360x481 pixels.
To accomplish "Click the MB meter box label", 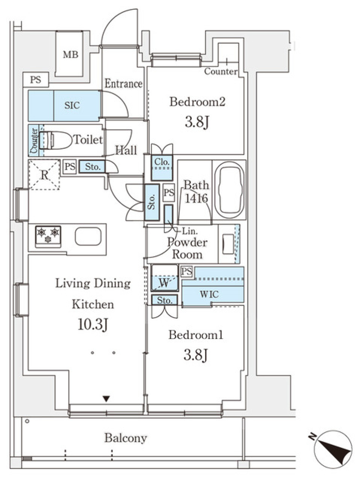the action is click(70, 55).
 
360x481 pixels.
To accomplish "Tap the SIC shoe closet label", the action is click(72, 105).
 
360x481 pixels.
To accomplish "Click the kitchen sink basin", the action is click(88, 236).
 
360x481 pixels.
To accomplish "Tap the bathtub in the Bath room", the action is click(229, 190).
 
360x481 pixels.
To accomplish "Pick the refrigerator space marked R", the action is click(44, 175).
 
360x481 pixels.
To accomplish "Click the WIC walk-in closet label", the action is click(209, 294).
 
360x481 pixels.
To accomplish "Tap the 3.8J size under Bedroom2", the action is click(197, 122).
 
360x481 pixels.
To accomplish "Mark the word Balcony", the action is click(126, 438).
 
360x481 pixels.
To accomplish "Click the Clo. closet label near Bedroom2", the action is click(162, 162).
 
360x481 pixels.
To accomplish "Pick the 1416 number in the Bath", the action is click(196, 199).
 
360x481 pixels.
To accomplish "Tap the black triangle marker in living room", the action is click(106, 399).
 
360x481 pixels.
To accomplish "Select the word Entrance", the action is click(124, 84).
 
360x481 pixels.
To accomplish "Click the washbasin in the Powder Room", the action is click(228, 244).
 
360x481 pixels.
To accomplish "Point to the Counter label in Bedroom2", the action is click(221, 71).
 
